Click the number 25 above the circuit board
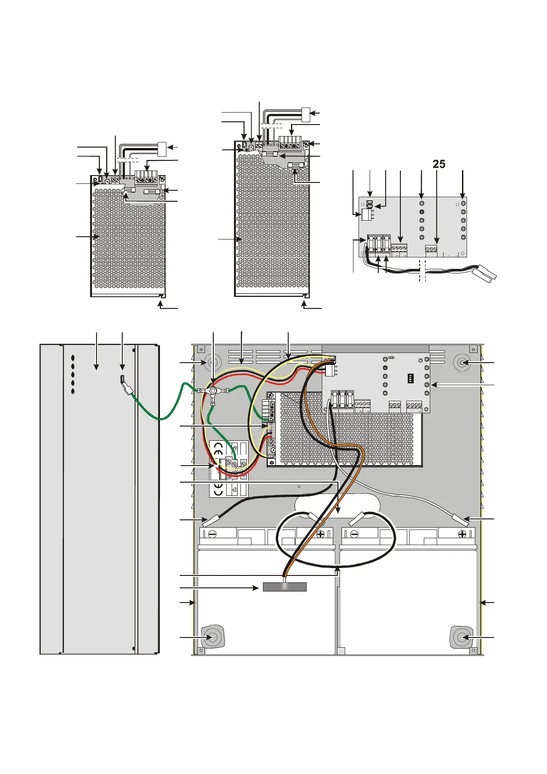tap(439, 164)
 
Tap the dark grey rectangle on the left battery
tap(285, 587)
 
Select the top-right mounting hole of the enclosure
tap(461, 363)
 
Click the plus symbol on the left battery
tap(321, 534)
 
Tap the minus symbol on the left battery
tap(212, 534)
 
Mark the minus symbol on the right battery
tap(354, 534)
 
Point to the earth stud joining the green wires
tap(213, 391)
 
